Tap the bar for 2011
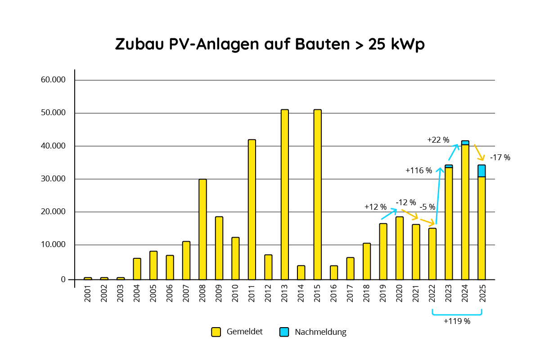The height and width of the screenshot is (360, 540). [x=252, y=209]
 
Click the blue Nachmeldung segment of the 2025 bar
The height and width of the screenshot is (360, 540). [x=481, y=171]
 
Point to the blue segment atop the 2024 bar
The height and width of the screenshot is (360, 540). [x=465, y=143]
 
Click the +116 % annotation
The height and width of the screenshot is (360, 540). [x=418, y=171]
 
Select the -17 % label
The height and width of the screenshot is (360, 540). [x=500, y=157]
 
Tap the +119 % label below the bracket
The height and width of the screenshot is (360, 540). [x=457, y=321]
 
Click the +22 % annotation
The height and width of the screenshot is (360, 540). [x=438, y=140]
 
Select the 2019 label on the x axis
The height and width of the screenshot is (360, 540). [x=383, y=294]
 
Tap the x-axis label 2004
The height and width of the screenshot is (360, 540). [x=137, y=294]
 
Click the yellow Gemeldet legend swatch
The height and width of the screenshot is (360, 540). [x=216, y=332]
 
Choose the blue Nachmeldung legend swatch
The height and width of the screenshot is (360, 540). [x=284, y=332]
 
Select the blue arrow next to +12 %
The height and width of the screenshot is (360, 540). [x=389, y=214]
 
